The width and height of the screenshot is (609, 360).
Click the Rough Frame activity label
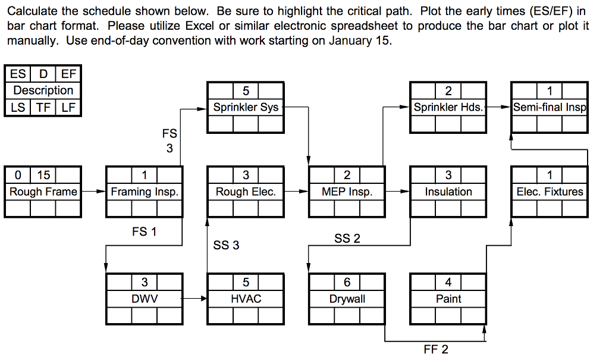(x=43, y=192)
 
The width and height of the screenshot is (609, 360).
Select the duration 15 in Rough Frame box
(x=43, y=175)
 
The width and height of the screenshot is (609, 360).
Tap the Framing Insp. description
(x=145, y=192)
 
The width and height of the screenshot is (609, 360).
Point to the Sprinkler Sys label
(x=246, y=108)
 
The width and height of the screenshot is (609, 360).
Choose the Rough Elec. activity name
(x=246, y=192)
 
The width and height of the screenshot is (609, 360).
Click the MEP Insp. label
(x=347, y=192)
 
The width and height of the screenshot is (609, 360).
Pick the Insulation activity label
(x=448, y=192)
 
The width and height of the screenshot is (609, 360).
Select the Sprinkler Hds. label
(x=448, y=108)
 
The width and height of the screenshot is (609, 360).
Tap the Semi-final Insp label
(x=550, y=108)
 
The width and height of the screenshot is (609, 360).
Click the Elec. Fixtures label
(x=550, y=192)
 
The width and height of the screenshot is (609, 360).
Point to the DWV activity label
(x=145, y=299)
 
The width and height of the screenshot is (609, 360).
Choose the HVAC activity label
(x=246, y=299)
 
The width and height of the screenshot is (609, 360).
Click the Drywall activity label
(x=347, y=299)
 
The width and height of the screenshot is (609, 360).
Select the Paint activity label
(x=448, y=299)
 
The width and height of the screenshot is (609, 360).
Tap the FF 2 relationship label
(x=436, y=349)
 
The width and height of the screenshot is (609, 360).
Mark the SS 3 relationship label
(x=226, y=245)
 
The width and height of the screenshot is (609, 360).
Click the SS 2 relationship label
(x=347, y=239)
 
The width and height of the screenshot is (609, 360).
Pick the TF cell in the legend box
(x=43, y=107)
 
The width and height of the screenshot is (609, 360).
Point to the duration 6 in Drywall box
(x=347, y=282)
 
